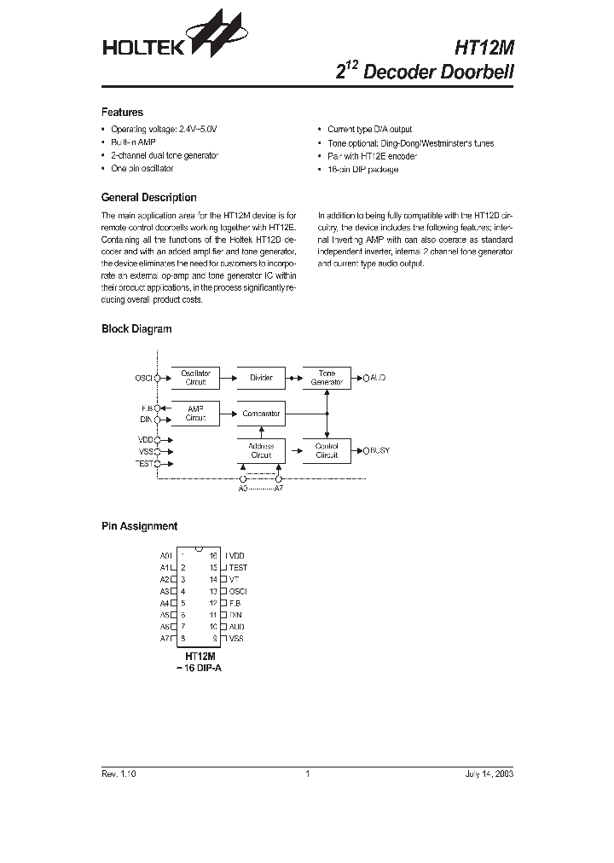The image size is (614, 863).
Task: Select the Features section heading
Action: (x=122, y=112)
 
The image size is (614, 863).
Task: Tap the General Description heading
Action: (x=148, y=197)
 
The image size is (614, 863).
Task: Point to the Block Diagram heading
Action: (x=136, y=328)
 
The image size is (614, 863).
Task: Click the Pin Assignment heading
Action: (x=139, y=526)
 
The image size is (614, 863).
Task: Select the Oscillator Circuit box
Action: (x=195, y=378)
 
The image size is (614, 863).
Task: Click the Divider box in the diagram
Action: (x=261, y=378)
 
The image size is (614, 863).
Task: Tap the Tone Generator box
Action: (x=327, y=378)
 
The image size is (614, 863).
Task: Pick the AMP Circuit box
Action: (x=195, y=414)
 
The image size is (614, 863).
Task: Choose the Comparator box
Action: (x=261, y=414)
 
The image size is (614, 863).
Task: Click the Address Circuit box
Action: (x=261, y=450)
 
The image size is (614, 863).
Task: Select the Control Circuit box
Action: (x=327, y=450)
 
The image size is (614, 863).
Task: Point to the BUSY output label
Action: (x=379, y=449)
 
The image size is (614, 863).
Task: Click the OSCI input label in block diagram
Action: (x=142, y=378)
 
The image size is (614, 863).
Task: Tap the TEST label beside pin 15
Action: (x=239, y=567)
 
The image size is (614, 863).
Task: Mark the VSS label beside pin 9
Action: (x=236, y=638)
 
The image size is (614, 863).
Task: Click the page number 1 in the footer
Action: (x=307, y=773)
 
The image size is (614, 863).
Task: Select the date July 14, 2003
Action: (x=489, y=773)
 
